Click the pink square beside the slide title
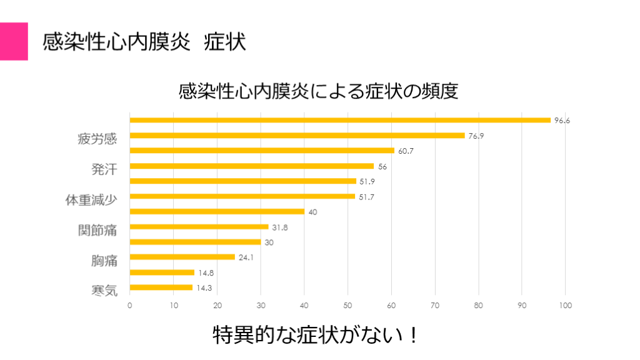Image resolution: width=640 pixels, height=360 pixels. pos(14,41)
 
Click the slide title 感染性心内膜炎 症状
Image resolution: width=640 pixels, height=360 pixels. pos(144,42)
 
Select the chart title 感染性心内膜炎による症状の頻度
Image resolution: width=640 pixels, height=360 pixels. pos(319,91)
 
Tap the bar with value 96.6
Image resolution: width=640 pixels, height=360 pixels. pos(340,120)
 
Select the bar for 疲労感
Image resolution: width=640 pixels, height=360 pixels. pos(297,136)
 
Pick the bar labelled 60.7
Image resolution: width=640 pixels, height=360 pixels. pos(262,151)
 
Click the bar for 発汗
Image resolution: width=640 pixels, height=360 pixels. pos(251,166)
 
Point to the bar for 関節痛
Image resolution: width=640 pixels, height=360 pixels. pos(199,227)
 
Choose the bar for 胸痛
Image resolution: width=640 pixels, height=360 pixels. pos(182,257)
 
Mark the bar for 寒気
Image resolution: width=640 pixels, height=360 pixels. pos(161,287)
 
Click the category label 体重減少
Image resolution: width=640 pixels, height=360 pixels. pos(92,200)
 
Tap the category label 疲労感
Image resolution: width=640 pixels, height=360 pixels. pos(97,139)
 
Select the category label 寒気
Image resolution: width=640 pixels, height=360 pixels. pos(104,291)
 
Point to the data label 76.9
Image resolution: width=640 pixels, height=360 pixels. pos(476,136)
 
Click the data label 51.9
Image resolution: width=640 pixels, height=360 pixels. pos(366,181)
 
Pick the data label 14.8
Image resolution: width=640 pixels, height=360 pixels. pos(206,272)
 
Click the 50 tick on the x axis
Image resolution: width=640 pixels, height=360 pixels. pos(347,306)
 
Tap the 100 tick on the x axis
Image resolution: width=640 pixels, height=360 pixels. pos(566,306)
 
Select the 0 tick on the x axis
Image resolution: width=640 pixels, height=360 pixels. pos(129,306)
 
